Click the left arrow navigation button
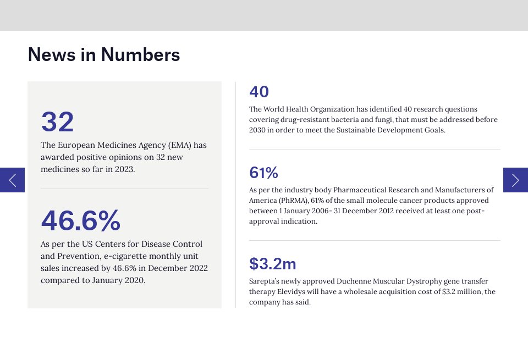tap(12, 180)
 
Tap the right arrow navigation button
tap(515, 180)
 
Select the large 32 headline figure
tap(57, 122)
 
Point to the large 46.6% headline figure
tap(80, 221)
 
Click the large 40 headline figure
tap(259, 92)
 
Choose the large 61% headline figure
tap(263, 173)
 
